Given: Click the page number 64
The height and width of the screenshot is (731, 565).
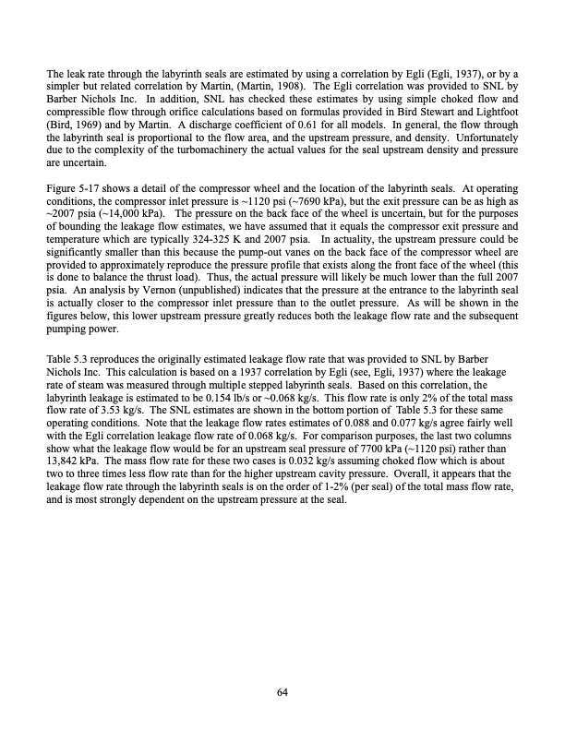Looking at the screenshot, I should [282, 694].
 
